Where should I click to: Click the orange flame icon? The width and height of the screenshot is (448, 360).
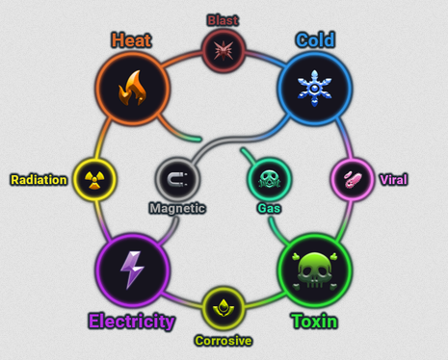click(132, 88)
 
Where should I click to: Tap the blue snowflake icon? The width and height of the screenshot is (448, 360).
click(315, 89)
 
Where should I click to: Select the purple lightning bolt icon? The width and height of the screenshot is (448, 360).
click(132, 270)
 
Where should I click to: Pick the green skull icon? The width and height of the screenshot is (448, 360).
click(315, 271)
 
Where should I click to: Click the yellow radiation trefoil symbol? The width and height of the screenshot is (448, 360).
click(94, 179)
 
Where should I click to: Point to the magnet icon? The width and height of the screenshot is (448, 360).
click(177, 179)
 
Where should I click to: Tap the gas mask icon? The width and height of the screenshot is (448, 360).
click(270, 179)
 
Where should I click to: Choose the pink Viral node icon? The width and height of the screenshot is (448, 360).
click(353, 179)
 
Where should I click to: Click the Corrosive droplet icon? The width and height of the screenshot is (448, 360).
click(224, 308)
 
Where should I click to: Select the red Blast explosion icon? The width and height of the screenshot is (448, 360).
click(224, 50)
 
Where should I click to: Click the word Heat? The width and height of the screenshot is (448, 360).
click(131, 40)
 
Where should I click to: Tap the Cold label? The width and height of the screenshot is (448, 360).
click(315, 40)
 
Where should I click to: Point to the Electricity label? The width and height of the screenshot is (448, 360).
click(132, 321)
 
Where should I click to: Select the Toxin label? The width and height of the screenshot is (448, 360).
click(315, 321)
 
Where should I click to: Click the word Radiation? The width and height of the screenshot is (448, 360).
click(39, 180)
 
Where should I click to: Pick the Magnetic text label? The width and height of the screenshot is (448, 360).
click(177, 208)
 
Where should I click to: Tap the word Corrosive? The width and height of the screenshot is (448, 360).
click(224, 341)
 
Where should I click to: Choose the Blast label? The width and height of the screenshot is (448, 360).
click(223, 20)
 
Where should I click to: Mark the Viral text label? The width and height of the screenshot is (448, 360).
click(394, 180)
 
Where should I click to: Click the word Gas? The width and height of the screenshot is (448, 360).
click(269, 209)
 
